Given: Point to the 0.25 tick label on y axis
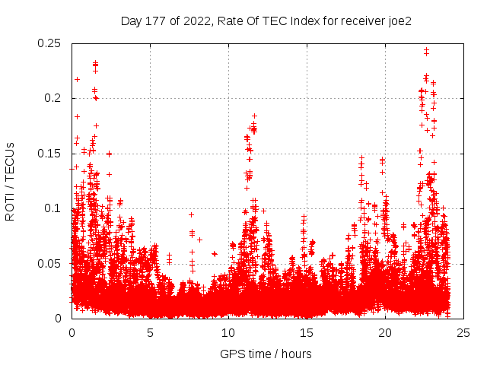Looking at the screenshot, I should (x=50, y=43).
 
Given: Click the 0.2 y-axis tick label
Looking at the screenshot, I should (x=53, y=98).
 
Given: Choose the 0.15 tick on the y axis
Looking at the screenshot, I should (x=50, y=154).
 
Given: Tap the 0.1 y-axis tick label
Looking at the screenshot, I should (x=53, y=208).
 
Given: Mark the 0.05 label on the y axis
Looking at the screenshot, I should (x=50, y=263).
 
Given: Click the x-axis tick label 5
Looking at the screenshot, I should (x=150, y=332).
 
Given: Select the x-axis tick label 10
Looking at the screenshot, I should (x=228, y=332).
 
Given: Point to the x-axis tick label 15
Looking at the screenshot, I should (x=307, y=332).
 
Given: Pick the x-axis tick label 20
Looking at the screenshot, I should (x=385, y=332).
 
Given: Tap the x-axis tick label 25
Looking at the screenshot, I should (x=463, y=332).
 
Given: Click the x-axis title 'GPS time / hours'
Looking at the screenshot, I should (x=266, y=354).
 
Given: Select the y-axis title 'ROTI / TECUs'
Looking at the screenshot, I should (x=11, y=181).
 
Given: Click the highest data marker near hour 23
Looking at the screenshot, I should (x=426, y=50).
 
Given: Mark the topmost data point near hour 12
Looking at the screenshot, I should (x=254, y=116).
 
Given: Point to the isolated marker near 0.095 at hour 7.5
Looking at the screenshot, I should (x=191, y=214).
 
